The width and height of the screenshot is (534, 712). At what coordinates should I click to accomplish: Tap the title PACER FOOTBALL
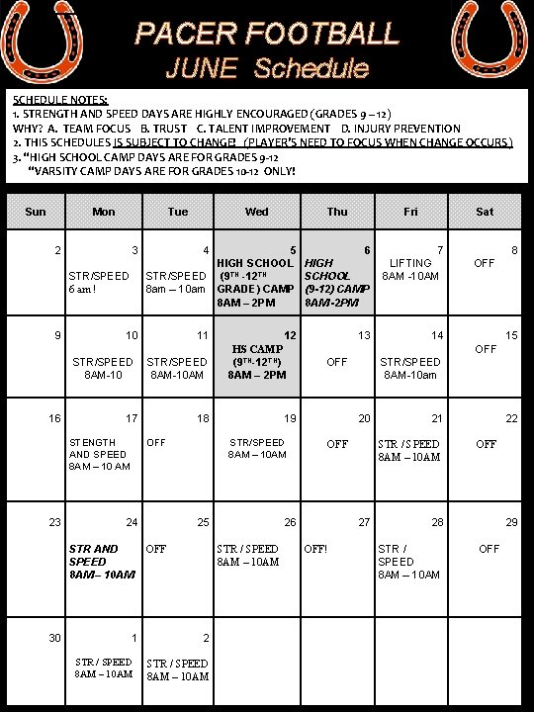[267, 34]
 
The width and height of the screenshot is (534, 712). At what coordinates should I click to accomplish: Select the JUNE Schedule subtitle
[267, 68]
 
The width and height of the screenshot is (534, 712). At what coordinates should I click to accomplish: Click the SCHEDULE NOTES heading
[60, 100]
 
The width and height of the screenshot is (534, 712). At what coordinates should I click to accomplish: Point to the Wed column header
[256, 211]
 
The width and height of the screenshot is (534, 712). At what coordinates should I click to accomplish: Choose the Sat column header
[485, 211]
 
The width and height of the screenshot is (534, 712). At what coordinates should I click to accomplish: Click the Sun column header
[35, 211]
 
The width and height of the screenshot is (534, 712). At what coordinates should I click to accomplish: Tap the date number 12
[290, 336]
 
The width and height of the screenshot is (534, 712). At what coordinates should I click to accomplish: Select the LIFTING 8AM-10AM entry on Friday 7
[410, 269]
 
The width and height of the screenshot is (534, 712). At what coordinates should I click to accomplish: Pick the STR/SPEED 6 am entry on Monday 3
[98, 282]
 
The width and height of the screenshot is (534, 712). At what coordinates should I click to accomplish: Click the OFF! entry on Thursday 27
[317, 548]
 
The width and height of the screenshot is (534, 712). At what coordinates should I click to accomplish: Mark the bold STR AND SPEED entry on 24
[94, 561]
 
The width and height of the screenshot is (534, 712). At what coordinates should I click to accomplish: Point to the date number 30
[55, 638]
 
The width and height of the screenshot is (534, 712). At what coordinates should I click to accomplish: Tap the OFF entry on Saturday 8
[484, 263]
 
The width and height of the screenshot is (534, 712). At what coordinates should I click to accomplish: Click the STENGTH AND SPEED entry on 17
[99, 455]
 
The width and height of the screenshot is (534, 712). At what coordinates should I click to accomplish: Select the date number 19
[290, 419]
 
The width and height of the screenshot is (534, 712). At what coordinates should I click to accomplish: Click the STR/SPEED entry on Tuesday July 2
[178, 669]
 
